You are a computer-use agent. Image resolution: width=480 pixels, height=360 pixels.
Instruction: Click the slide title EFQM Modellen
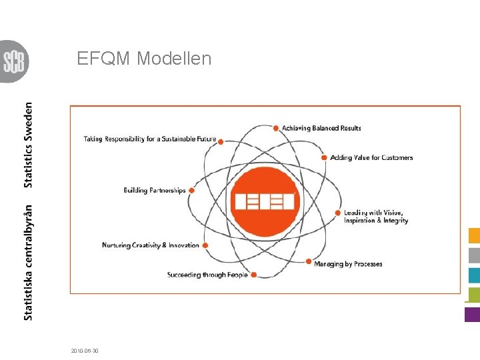pyautogui.click(x=144, y=59)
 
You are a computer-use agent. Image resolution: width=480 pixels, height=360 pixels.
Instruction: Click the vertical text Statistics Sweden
pyautogui.click(x=28, y=145)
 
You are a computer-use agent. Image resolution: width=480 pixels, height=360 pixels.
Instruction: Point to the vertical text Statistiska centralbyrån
pyautogui.click(x=28, y=261)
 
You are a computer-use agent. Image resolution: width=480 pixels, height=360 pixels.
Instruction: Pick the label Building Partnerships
pyautogui.click(x=155, y=191)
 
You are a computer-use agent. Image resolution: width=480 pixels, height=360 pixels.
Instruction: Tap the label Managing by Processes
pyautogui.click(x=348, y=264)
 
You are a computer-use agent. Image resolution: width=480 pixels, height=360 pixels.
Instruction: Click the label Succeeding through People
pyautogui.click(x=207, y=275)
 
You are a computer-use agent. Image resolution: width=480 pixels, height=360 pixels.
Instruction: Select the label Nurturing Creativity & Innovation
pyautogui.click(x=150, y=245)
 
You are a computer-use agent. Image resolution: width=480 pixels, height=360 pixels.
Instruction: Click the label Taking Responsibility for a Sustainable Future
pyautogui.click(x=150, y=139)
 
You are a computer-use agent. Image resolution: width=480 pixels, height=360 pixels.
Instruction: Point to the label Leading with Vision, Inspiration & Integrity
pyautogui.click(x=376, y=216)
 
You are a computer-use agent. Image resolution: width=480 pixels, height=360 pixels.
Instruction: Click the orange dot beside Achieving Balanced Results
pyautogui.click(x=276, y=127)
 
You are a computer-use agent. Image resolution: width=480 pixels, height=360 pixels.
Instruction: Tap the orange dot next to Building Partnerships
pyautogui.click(x=192, y=190)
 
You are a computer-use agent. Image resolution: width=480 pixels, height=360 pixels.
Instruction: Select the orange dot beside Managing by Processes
pyautogui.click(x=308, y=262)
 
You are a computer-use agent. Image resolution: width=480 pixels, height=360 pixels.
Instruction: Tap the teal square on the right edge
pyautogui.click(x=474, y=275)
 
